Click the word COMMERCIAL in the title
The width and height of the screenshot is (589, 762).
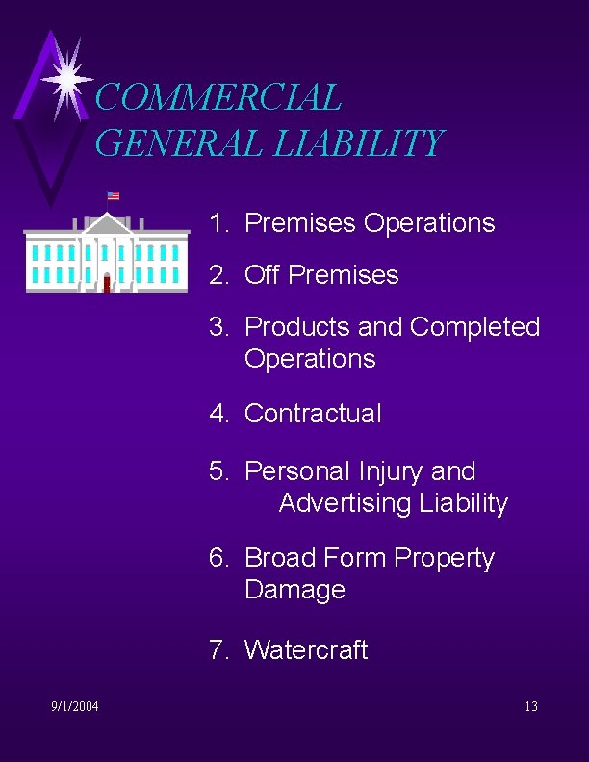click(x=218, y=97)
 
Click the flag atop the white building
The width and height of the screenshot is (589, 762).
click(x=114, y=195)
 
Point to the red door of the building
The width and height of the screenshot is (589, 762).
click(x=107, y=283)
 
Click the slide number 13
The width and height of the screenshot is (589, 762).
click(x=531, y=707)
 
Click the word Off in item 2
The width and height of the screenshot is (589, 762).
click(x=263, y=275)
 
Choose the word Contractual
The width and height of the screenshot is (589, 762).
click(x=313, y=414)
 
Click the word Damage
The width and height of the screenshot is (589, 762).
click(x=294, y=590)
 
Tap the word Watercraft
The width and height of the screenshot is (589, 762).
click(x=306, y=650)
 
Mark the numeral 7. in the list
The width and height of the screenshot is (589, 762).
click(x=219, y=650)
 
